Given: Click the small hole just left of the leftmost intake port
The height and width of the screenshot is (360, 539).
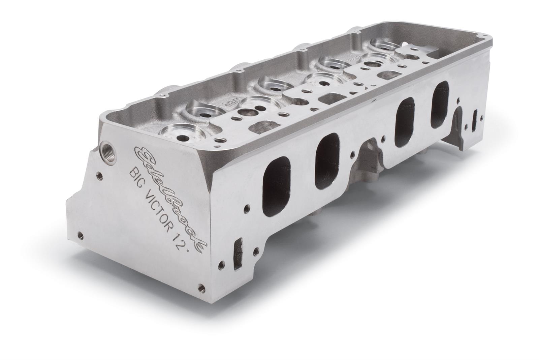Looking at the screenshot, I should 248,206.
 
